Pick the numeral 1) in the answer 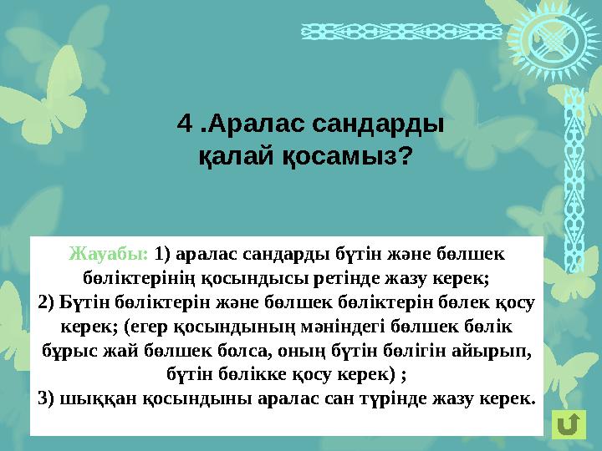click(x=164, y=252)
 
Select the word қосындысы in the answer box click(x=298, y=276)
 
